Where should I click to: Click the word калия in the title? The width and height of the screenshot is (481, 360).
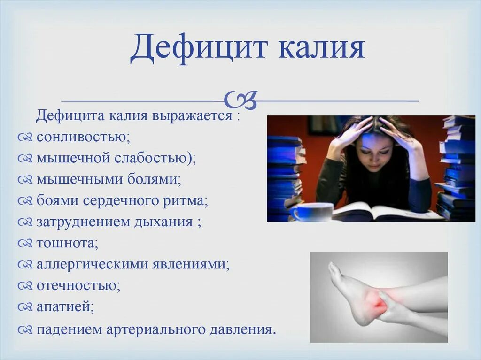click(x=321, y=49)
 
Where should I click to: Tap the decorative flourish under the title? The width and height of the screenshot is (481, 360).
click(x=240, y=99)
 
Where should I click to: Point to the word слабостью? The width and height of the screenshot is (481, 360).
click(x=155, y=158)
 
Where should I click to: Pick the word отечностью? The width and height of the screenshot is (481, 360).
click(x=78, y=285)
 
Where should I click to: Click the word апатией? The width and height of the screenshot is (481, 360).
click(x=65, y=307)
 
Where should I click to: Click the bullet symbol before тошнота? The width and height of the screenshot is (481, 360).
click(x=25, y=244)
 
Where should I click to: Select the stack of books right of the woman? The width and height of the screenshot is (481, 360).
click(x=457, y=169)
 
